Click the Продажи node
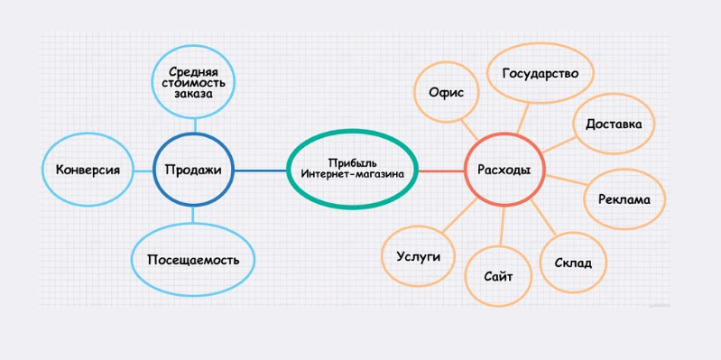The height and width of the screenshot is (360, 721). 194,171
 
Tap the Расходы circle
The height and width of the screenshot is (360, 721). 504,171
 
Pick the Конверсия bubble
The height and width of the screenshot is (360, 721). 88,171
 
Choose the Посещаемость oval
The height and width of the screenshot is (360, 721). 193,260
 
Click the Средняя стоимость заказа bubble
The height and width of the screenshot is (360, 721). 194,83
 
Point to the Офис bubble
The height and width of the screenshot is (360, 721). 446,92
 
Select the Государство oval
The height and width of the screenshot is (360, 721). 541,74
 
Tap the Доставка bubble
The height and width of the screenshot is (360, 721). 614,125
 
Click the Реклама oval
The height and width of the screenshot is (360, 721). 624,199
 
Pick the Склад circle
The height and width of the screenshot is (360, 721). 572,263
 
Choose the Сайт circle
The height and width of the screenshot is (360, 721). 498,277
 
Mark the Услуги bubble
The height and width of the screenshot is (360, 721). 418,256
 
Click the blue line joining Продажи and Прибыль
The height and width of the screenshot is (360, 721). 261,171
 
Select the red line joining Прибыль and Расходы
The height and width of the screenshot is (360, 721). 441,171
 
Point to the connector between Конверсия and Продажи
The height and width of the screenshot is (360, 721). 143,171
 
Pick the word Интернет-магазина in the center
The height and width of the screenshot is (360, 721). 353,175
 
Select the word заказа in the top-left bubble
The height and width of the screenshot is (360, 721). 194,94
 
